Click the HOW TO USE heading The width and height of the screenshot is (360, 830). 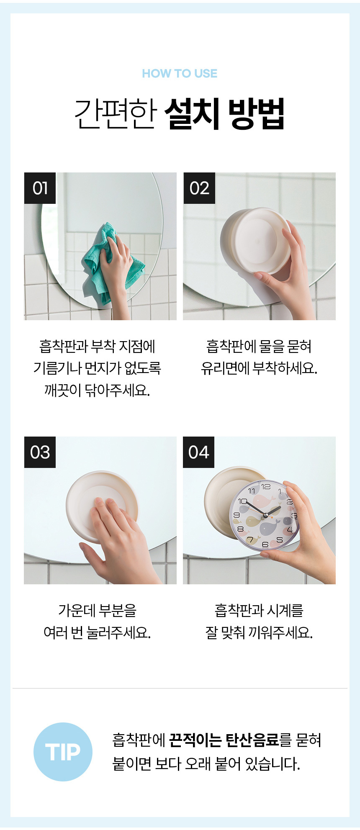pos(180,74)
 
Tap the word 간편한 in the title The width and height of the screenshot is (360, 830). pos(116,113)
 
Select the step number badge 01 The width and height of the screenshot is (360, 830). pos(40,188)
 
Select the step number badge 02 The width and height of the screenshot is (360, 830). pos(199,188)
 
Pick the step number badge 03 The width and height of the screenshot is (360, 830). pos(40,452)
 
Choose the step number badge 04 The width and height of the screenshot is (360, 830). pos(199,452)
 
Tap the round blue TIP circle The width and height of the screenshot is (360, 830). pos(63,752)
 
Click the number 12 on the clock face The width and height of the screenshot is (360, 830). pos(266,487)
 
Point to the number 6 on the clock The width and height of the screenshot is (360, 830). pos(265,545)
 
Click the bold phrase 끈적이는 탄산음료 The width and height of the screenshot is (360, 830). pos(224,740)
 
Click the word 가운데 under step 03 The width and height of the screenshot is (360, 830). pos(77,611)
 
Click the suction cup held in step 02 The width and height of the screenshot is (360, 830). pos(255,241)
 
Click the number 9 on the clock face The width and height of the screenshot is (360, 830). pos(237,515)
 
